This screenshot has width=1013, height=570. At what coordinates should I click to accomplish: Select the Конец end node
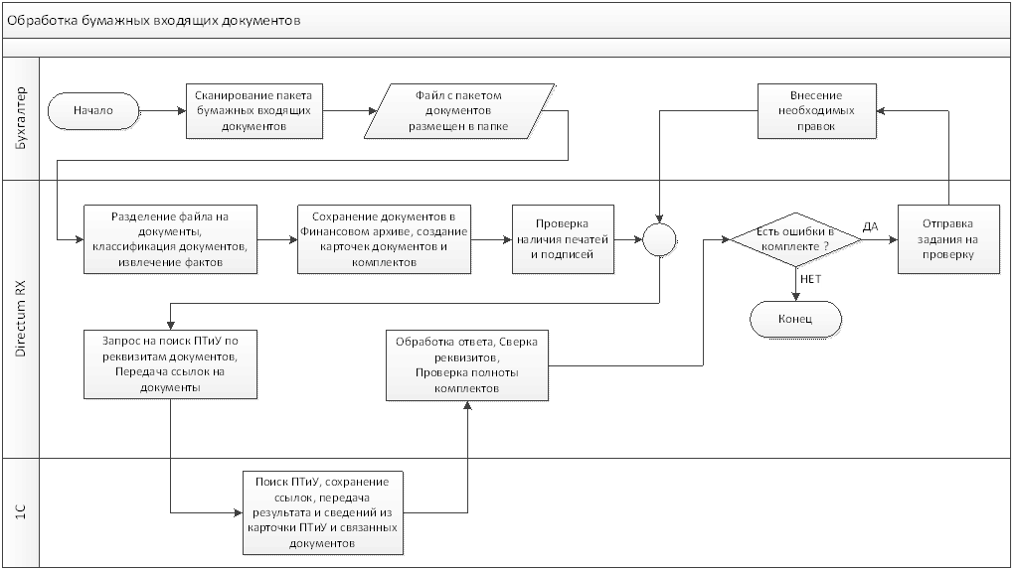click(x=796, y=319)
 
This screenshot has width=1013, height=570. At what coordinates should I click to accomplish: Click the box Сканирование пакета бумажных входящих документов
click(x=255, y=109)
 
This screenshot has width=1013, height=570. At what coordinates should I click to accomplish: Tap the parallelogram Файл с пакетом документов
click(x=458, y=110)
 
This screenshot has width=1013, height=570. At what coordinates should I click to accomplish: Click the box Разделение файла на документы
click(x=171, y=239)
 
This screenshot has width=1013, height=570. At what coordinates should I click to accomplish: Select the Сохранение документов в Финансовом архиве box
click(x=384, y=239)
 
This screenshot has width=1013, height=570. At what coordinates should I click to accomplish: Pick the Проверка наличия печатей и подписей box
click(x=563, y=239)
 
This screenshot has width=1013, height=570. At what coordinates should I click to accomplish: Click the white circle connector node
click(x=659, y=239)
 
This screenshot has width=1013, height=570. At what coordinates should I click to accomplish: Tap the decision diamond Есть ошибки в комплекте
click(x=795, y=239)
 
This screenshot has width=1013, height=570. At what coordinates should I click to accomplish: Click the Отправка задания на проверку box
click(x=947, y=239)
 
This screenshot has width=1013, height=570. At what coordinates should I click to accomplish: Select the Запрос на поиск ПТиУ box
click(x=171, y=362)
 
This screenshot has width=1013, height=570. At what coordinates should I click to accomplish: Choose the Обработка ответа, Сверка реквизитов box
click(x=467, y=362)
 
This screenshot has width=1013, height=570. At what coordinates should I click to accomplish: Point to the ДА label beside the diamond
click(x=871, y=227)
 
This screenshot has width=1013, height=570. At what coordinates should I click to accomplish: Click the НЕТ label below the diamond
click(x=811, y=281)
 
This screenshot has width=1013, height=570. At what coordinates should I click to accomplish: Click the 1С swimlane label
click(x=23, y=511)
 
